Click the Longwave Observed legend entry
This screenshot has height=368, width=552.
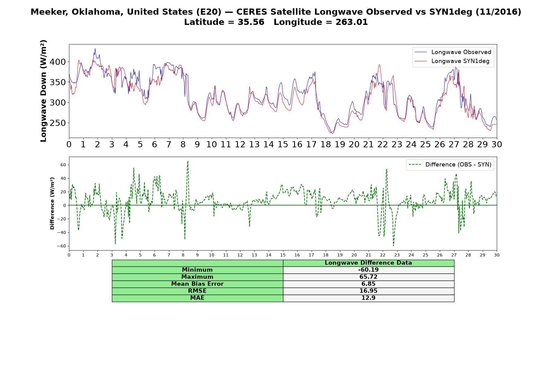[453, 52]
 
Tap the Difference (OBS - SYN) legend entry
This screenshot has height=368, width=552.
[450, 165]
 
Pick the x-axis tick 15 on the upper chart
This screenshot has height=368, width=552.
[283, 144]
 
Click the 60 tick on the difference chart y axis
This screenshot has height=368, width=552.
[63, 165]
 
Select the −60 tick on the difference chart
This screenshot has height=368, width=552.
[62, 246]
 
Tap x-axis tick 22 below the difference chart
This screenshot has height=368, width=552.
[383, 255]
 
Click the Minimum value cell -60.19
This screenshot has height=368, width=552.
[368, 270]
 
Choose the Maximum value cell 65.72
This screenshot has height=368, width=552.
[368, 277]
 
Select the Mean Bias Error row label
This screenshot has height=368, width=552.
[197, 284]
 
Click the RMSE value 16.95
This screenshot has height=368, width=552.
[368, 291]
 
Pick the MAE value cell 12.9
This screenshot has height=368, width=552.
[368, 298]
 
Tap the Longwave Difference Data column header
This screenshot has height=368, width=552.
[368, 263]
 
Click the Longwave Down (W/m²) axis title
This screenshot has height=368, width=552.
[44, 91]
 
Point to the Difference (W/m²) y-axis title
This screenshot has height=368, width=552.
[52, 203]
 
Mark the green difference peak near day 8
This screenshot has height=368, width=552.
[188, 161]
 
